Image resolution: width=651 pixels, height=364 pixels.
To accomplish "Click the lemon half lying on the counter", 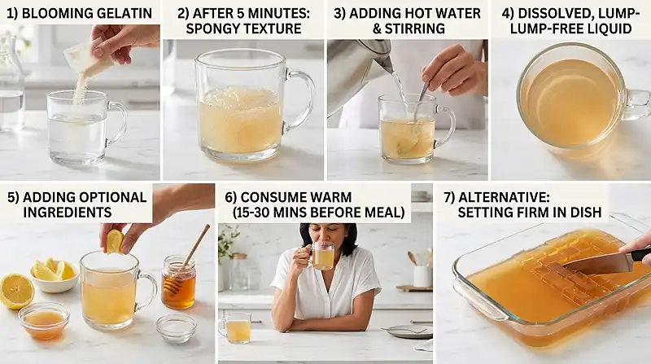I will (15, 291).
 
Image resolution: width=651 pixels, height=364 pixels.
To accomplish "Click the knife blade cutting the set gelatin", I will (594, 262).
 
